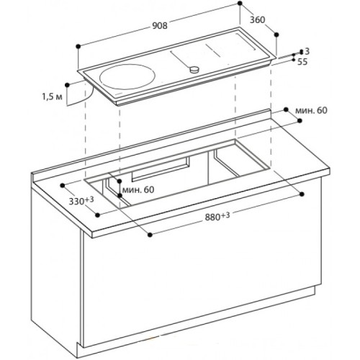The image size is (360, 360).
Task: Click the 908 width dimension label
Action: (x=160, y=25)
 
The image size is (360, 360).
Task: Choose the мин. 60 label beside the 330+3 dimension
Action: (x=137, y=190)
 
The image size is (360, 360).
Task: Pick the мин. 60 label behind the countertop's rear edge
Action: (x=310, y=109)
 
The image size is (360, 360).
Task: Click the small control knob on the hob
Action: (x=193, y=69)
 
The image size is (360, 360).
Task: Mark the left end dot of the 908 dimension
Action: (x=77, y=45)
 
